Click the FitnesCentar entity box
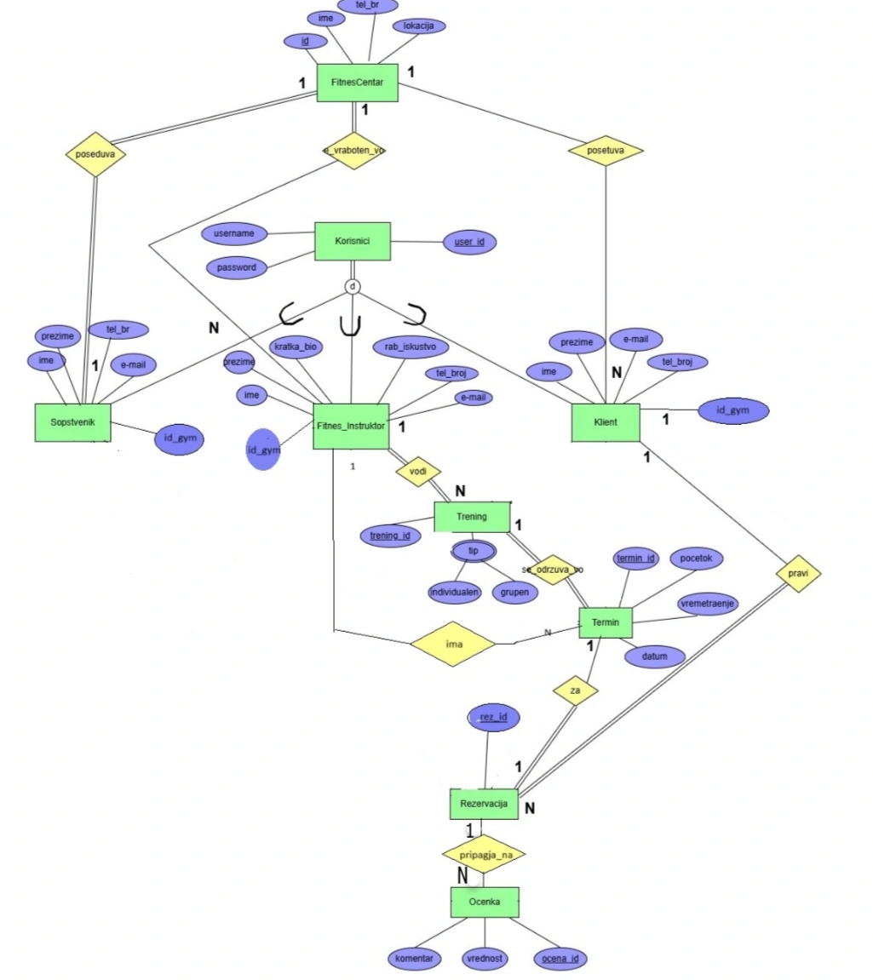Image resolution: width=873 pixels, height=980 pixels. point(357,83)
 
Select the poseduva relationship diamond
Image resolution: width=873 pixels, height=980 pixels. point(95,154)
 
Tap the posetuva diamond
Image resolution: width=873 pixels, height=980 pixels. point(606,150)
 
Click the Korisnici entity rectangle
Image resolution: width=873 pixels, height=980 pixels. point(353,242)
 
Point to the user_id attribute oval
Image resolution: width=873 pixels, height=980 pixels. point(469,243)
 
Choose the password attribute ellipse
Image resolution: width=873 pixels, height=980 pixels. point(237,267)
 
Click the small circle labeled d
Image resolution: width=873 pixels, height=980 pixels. point(353,286)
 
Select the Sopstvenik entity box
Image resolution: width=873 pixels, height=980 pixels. point(73,422)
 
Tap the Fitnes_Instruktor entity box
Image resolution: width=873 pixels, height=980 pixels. point(351,425)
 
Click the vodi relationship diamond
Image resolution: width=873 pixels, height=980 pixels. point(418,472)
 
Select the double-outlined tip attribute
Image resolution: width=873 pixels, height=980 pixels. point(474,551)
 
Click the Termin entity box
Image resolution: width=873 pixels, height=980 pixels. point(606,622)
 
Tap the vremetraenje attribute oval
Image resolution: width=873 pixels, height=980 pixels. point(708,603)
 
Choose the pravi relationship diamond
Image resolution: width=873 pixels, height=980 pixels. point(799,575)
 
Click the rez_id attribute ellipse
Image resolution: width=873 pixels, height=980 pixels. point(494,719)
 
